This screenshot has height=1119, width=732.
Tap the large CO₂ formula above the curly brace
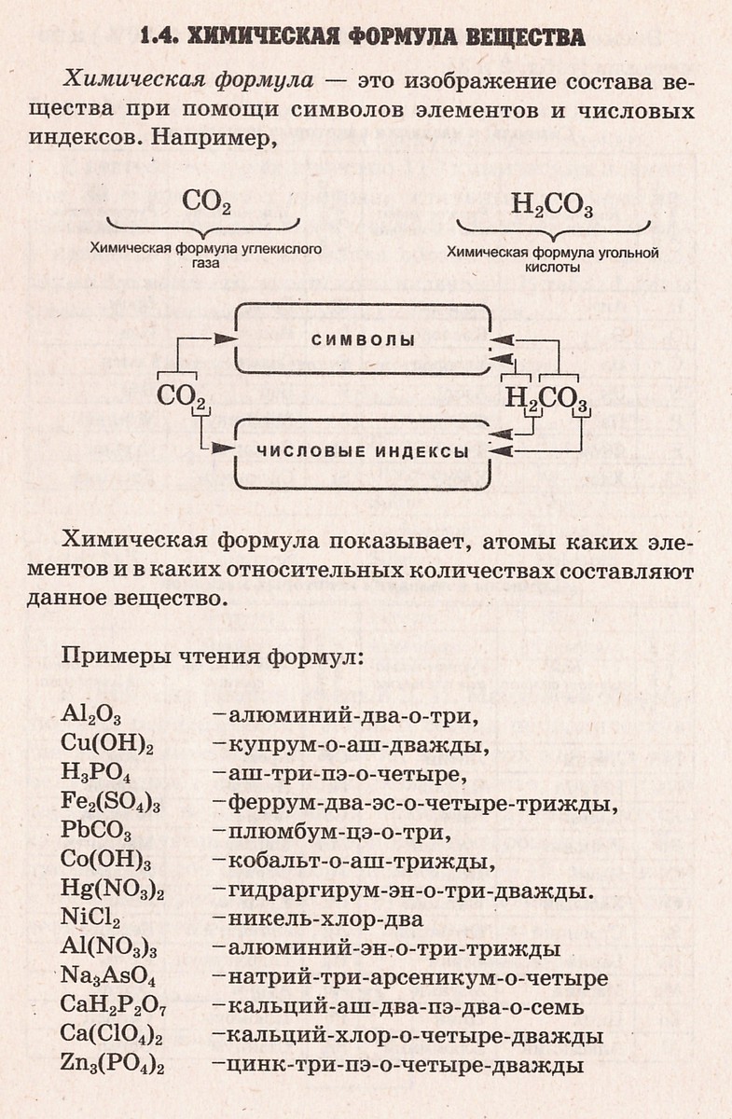[x=206, y=202]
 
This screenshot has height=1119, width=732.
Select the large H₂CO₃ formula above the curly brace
[x=552, y=206]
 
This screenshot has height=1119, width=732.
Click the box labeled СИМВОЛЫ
[x=364, y=339]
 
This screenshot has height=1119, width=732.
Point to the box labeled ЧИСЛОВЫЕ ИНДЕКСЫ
[x=364, y=453]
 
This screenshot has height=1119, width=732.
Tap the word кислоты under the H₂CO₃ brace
[x=552, y=268]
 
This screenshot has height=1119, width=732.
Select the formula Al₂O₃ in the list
[x=91, y=715]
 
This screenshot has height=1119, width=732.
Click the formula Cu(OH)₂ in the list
[x=107, y=743]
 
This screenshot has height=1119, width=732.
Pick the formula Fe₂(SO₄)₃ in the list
[x=110, y=802]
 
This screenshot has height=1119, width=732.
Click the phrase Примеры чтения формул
[x=211, y=656]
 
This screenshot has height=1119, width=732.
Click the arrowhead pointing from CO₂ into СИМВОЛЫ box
[x=224, y=338]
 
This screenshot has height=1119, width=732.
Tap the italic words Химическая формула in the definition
[x=189, y=80]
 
